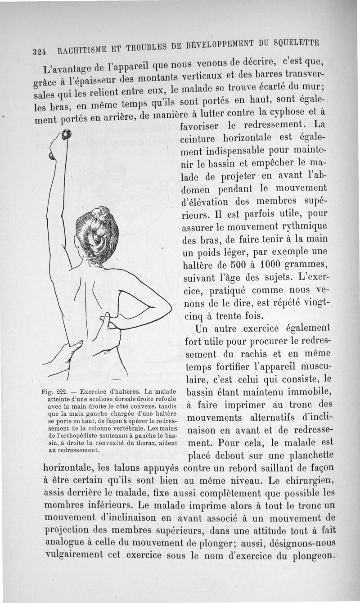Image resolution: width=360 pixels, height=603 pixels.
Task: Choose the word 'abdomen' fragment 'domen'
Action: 200,188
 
